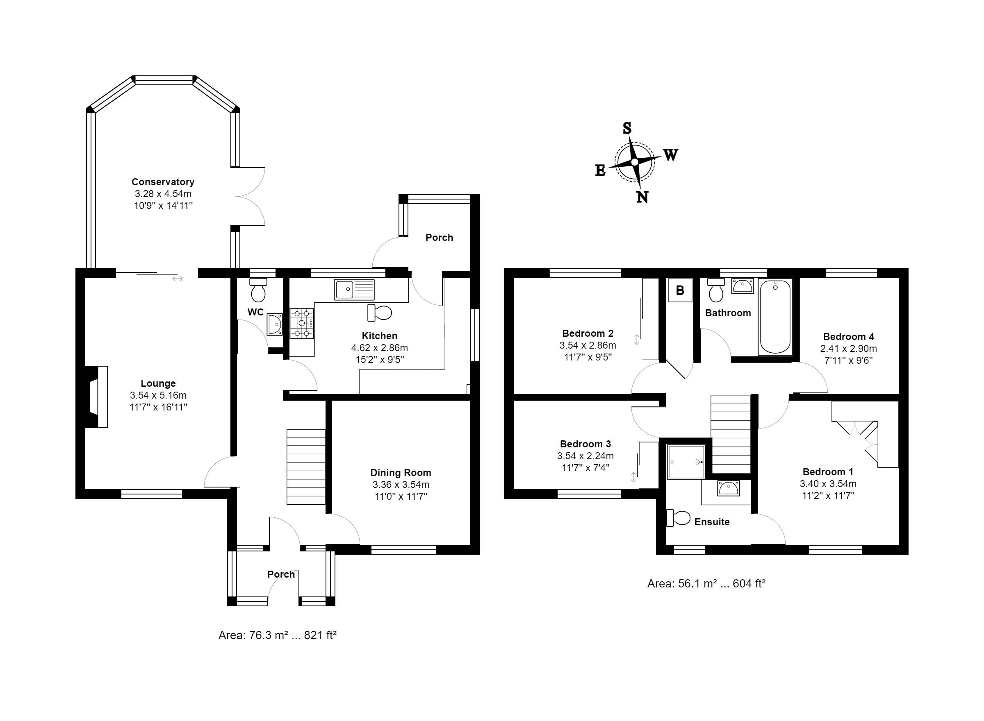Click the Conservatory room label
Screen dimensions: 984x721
(x=163, y=181)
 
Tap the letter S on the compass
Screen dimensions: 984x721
(x=627, y=128)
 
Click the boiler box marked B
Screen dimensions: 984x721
(x=680, y=290)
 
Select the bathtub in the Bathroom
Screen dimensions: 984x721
(x=776, y=317)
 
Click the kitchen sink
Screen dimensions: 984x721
(x=354, y=289)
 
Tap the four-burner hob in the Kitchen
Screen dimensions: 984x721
(x=302, y=323)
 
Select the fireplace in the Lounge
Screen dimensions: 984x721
(x=96, y=397)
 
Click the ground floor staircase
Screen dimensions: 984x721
(x=306, y=467)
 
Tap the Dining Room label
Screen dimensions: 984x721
(x=401, y=473)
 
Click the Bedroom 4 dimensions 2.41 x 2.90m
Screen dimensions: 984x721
(x=849, y=349)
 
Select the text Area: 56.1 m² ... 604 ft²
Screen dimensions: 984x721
(x=706, y=583)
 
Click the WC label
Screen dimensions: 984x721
(x=255, y=312)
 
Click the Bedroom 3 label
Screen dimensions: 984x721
(x=585, y=444)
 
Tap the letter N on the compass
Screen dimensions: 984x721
(x=642, y=198)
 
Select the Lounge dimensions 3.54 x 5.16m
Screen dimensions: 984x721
(x=158, y=395)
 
